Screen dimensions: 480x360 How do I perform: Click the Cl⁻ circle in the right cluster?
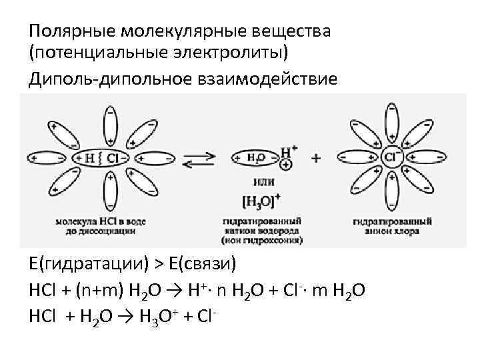pos(392,157)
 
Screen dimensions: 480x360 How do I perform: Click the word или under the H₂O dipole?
pos(261,180)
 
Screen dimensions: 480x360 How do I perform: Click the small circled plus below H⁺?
pos(287,164)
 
